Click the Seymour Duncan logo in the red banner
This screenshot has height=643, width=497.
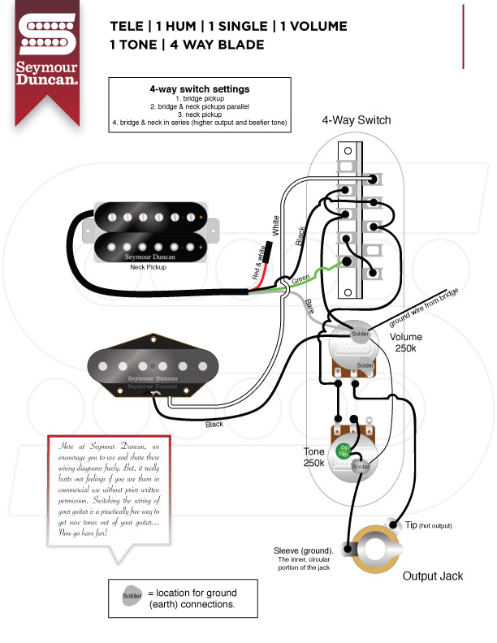click(x=48, y=49)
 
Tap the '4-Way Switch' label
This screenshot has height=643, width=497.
click(x=356, y=120)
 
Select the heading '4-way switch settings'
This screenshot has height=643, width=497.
click(x=199, y=89)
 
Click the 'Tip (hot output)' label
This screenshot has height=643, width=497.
click(x=428, y=526)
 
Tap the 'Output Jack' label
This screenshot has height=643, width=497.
click(x=433, y=576)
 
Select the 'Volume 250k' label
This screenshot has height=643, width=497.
click(x=405, y=343)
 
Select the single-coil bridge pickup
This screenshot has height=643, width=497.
click(x=151, y=369)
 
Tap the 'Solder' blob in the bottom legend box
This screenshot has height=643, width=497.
click(x=132, y=598)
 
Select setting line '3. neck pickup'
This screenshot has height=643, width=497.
click(x=199, y=114)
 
